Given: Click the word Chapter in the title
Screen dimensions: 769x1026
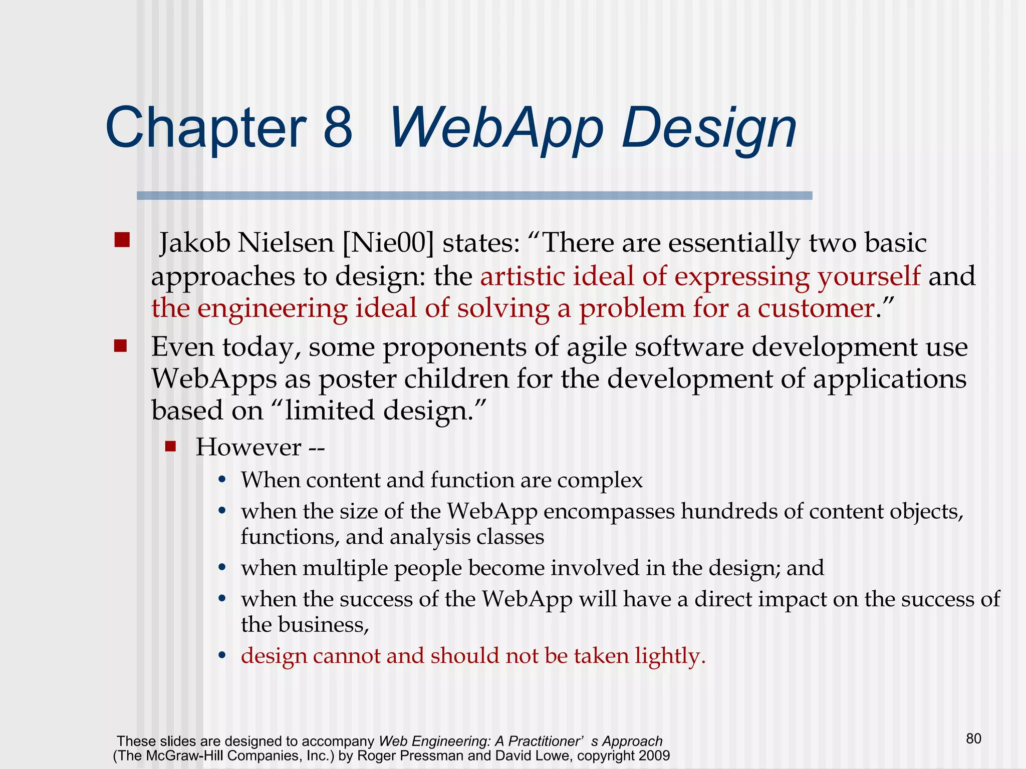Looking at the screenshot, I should (x=205, y=128).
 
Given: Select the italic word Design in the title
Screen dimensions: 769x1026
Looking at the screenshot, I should (x=708, y=129).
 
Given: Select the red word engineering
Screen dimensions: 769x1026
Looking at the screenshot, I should (x=272, y=309).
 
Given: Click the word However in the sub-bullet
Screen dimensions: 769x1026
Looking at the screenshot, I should (x=248, y=447).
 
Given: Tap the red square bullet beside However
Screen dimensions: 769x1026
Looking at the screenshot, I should (x=171, y=446).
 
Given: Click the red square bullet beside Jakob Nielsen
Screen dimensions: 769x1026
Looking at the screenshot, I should (x=122, y=240).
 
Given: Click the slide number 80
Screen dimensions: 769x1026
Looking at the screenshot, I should (x=973, y=738).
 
